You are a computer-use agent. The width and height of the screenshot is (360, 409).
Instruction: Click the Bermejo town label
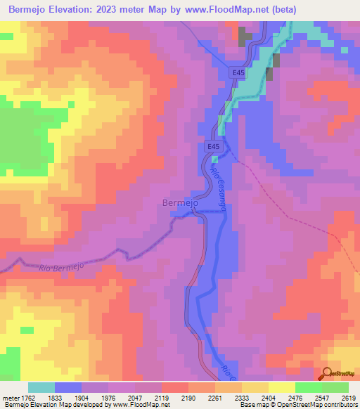(181, 202)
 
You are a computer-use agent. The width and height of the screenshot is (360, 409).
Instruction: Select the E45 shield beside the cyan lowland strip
(240, 72)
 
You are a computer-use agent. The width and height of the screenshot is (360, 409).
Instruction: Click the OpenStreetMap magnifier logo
(328, 372)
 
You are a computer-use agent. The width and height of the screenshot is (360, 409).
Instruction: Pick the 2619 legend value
(348, 398)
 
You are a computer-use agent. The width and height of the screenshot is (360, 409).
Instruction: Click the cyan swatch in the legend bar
(41, 387)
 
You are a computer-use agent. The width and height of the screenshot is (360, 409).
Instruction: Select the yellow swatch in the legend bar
(281, 387)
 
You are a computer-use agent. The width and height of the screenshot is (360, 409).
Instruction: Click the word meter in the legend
(11, 398)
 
